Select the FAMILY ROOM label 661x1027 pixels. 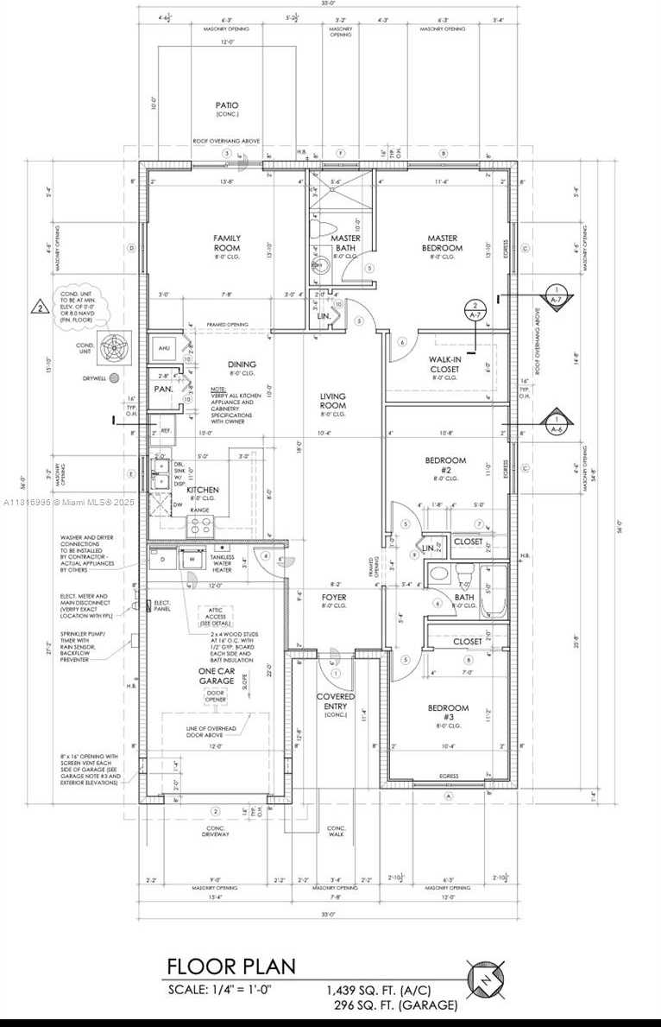point(227,243)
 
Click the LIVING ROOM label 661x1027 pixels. point(332,400)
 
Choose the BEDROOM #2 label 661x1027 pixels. point(445,466)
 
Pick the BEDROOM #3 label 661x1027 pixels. point(448,713)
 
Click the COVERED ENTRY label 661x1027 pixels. point(335,701)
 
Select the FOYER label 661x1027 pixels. point(334,597)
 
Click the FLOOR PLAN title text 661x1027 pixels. point(230,966)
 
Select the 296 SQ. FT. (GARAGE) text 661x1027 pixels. point(395,1005)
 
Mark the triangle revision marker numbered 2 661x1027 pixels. point(39,306)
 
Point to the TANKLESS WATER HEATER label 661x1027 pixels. point(223,563)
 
